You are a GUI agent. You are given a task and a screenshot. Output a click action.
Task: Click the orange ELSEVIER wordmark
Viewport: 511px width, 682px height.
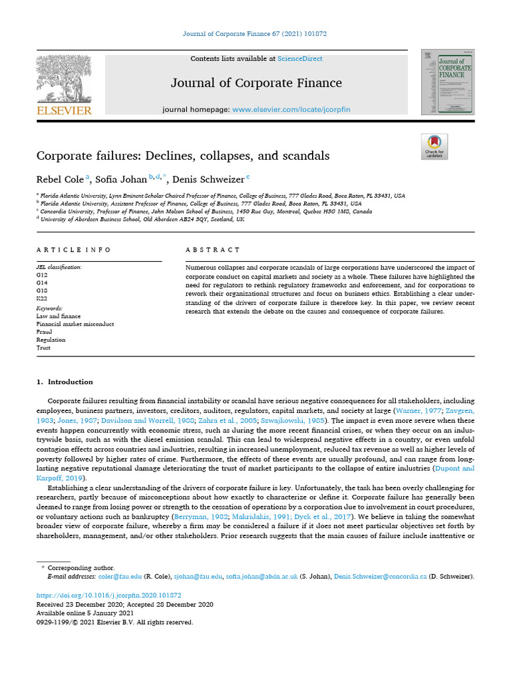point(64,111)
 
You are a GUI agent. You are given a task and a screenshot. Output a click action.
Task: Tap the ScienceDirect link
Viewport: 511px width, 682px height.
point(300,59)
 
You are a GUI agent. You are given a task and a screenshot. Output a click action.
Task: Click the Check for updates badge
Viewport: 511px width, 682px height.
point(434,147)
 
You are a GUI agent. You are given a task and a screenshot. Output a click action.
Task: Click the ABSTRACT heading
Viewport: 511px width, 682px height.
point(213,250)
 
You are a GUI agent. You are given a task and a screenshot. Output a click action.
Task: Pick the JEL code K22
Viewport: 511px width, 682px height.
point(42,299)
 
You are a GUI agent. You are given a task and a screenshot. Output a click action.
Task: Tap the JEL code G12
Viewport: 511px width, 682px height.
point(42,274)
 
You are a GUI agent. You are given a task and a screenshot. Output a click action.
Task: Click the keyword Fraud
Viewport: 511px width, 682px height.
point(44,332)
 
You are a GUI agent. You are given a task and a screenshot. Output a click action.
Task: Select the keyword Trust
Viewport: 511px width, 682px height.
point(43,348)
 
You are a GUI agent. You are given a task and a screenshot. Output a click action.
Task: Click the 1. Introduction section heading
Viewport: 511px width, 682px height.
point(65,382)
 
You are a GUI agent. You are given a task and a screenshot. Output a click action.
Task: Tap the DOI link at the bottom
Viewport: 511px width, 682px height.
point(108,595)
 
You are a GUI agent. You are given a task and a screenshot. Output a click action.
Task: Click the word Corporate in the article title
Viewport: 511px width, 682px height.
point(65,156)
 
